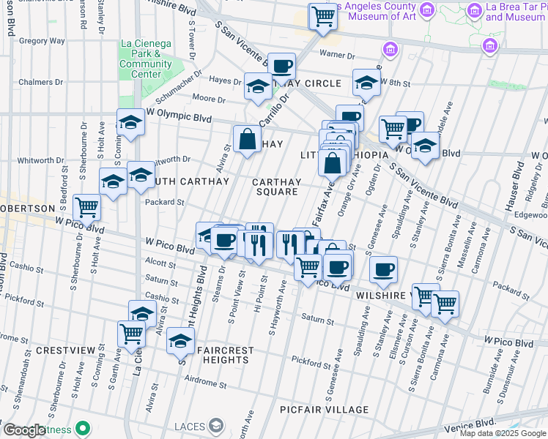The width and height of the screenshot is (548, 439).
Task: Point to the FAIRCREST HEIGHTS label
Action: click(218, 356)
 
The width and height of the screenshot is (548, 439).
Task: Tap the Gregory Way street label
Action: click(42, 42)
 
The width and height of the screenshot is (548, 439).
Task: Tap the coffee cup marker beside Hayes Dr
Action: click(281, 66)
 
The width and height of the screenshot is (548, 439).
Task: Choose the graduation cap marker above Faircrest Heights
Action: click(181, 342)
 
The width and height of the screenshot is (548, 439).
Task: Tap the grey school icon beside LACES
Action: click(216, 425)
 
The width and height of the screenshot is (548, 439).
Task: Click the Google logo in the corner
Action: click(25, 430)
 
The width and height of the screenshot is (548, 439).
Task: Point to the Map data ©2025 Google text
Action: click(502, 433)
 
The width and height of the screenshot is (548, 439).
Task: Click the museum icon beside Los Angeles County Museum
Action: click(428, 9)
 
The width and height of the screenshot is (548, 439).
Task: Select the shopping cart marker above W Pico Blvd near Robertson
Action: click(87, 207)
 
